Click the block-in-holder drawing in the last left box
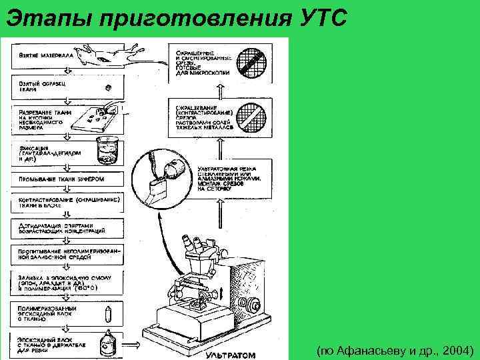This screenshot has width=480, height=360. point(106,343)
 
